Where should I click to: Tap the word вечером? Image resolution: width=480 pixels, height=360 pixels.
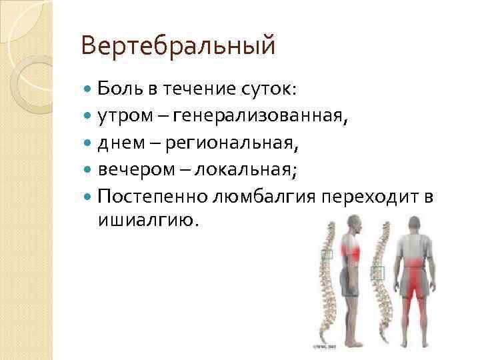coord(131,169)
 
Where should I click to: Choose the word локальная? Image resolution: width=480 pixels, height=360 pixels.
coord(250,169)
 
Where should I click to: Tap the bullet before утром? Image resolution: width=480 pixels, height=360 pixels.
coord(89,117)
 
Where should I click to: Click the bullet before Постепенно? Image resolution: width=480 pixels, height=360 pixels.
coord(89,197)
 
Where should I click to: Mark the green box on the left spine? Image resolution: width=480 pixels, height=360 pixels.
coord(327,254)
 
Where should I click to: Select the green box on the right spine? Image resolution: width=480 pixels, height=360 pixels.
coord(378,272)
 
